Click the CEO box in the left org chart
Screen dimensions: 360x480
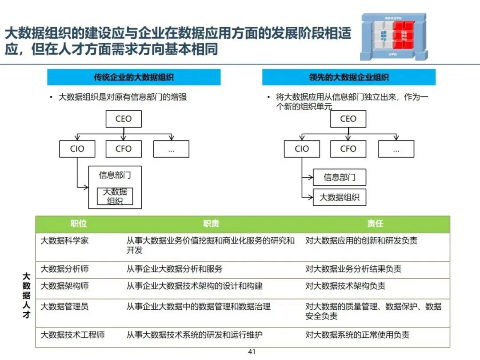point(124,119)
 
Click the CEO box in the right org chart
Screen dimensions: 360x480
point(348,119)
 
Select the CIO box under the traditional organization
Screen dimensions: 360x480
point(77,149)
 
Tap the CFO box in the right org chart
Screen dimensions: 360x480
point(348,149)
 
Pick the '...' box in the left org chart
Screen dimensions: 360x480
point(171,149)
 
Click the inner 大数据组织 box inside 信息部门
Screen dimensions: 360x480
point(115,196)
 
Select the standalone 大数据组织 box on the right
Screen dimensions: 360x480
point(340,197)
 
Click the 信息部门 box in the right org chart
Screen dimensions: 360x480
point(340,177)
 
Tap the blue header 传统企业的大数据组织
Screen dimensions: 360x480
point(134,77)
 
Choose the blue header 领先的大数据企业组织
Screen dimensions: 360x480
point(349,77)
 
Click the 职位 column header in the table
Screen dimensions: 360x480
point(79,224)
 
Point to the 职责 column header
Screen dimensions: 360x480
point(211,224)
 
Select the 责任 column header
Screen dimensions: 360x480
point(375,224)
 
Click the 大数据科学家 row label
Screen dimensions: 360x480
point(64,241)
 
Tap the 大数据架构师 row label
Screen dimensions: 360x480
point(64,286)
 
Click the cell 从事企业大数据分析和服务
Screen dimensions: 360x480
point(174,269)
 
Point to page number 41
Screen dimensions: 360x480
point(252,352)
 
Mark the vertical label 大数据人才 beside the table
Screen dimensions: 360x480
point(26,295)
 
